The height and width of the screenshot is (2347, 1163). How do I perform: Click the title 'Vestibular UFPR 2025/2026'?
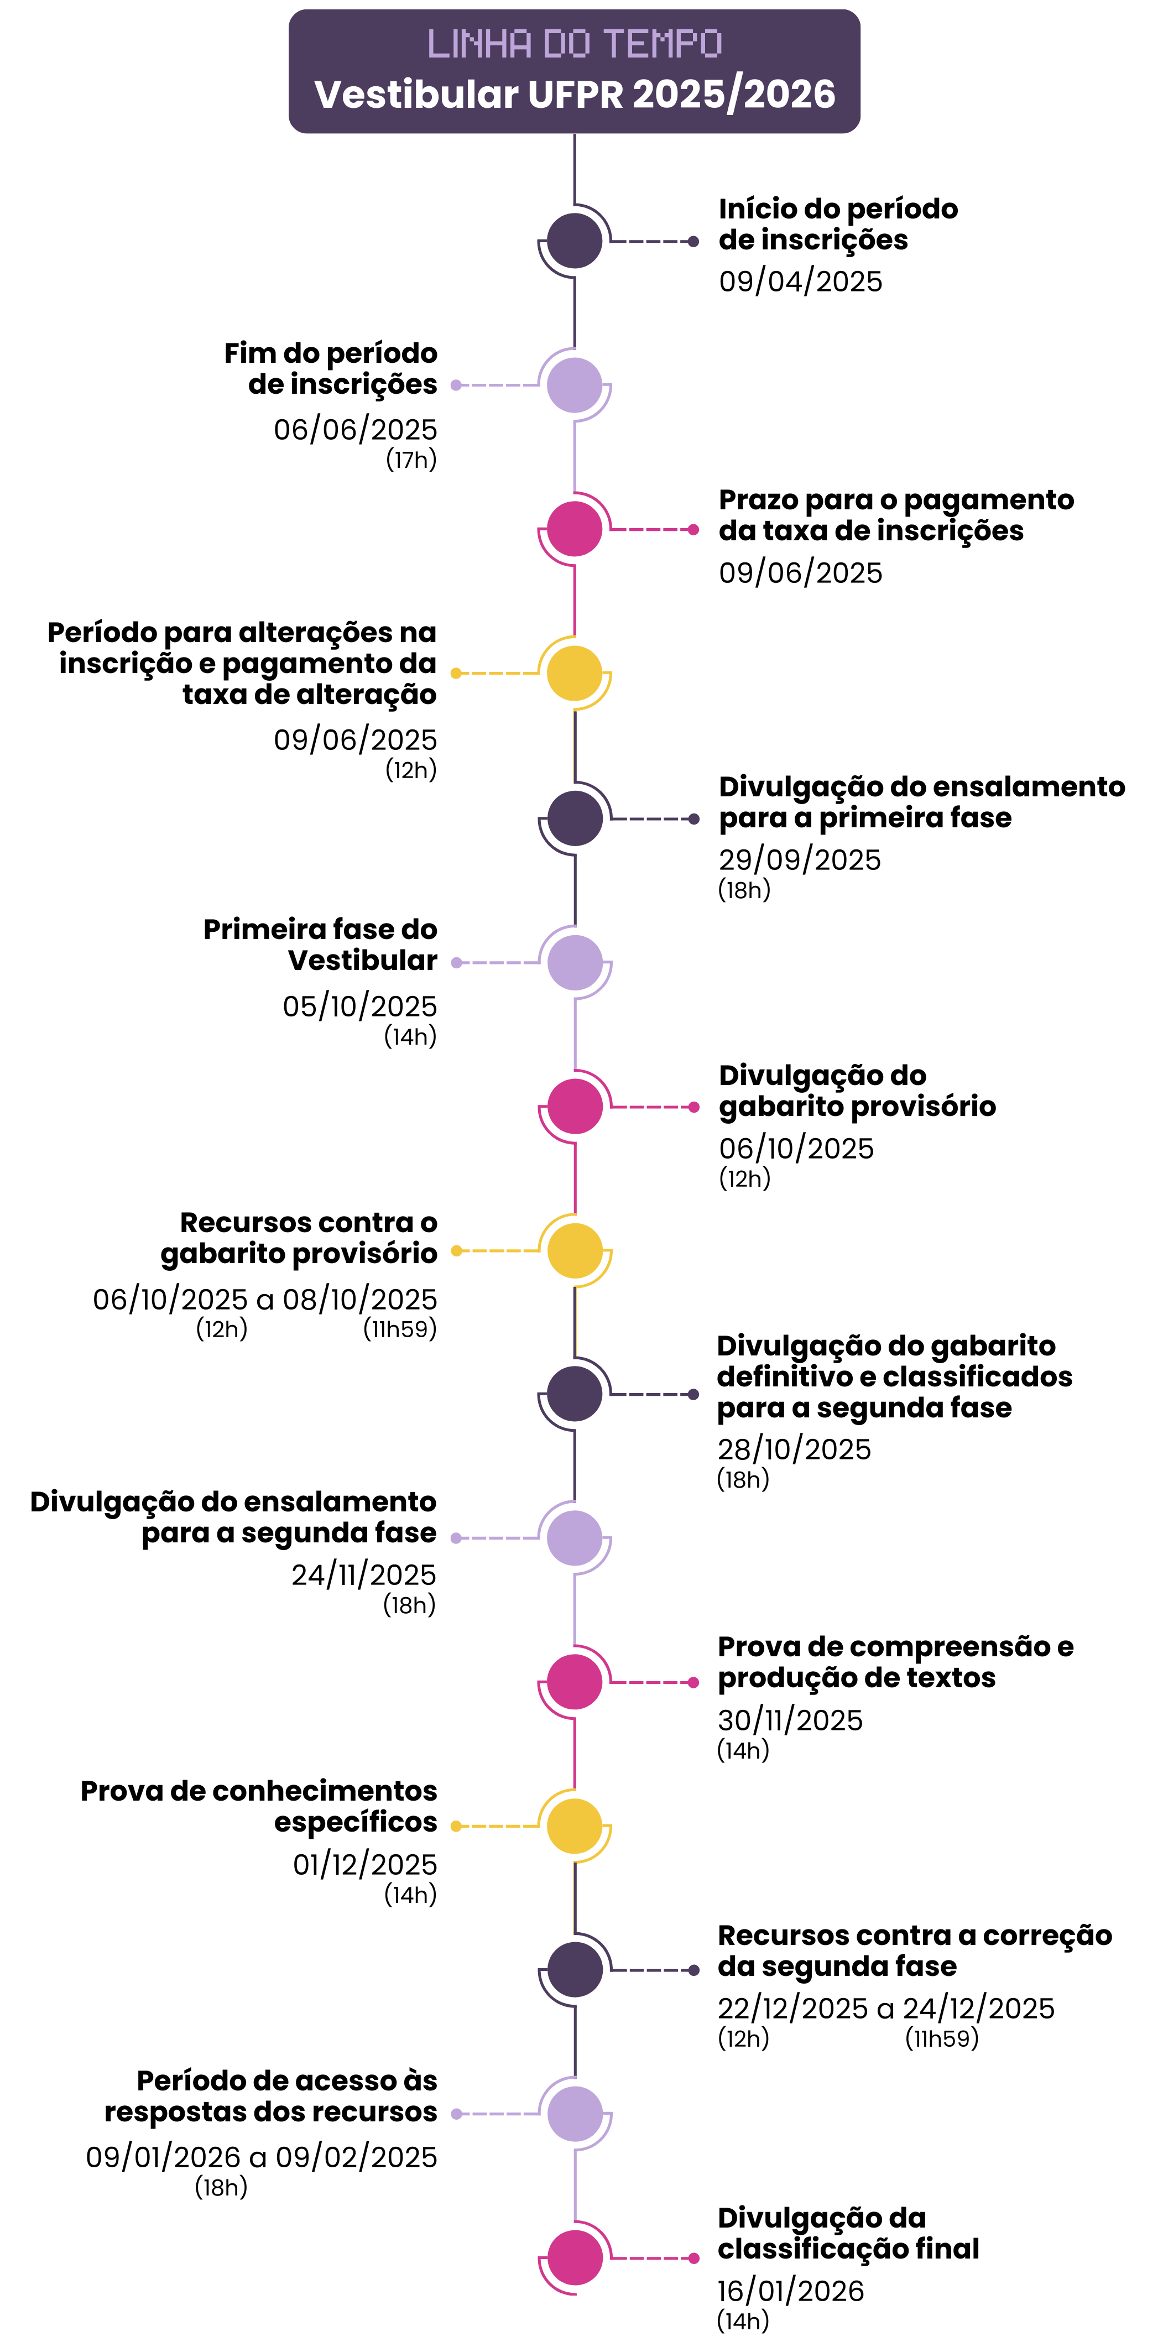[x=574, y=94]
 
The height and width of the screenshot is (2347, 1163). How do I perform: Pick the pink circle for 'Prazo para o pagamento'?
[x=574, y=529]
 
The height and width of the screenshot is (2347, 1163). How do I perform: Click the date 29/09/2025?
[x=799, y=860]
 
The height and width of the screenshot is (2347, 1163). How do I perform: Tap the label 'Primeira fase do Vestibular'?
[x=320, y=945]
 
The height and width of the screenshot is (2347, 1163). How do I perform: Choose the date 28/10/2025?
[x=794, y=1449]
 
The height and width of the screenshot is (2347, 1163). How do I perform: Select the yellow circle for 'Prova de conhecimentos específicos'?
[x=574, y=1826]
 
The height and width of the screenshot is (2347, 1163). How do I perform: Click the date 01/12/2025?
[x=364, y=1865]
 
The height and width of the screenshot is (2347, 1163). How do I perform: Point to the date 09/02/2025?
[x=356, y=2157]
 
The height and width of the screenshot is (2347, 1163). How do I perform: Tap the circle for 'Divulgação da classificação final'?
[x=574, y=2258]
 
